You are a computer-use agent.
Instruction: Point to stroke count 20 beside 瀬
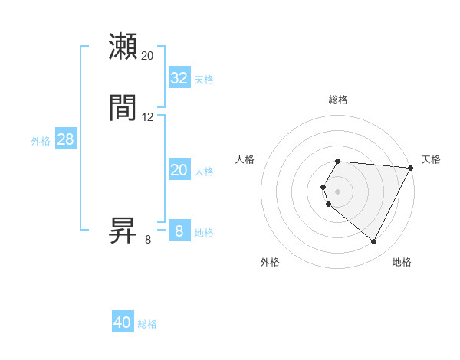tap(148, 56)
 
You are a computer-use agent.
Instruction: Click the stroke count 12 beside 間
tap(148, 117)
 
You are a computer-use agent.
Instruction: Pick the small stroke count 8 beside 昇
tap(148, 240)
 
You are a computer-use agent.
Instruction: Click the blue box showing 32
tap(179, 78)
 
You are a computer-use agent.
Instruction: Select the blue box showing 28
tap(65, 139)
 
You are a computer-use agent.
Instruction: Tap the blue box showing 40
tap(123, 322)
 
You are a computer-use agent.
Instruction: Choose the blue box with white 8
tap(179, 231)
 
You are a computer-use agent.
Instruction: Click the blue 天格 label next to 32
tap(204, 80)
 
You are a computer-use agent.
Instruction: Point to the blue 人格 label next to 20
tap(204, 172)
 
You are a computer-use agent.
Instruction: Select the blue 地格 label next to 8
tap(204, 233)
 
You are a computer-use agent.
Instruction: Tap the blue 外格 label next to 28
tap(41, 141)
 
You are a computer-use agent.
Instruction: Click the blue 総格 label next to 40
tap(147, 324)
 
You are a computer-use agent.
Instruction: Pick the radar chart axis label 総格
tap(338, 100)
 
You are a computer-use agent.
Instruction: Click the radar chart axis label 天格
tap(431, 159)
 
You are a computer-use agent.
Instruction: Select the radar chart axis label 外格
tap(270, 262)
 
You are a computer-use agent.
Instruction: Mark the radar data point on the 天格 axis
tap(411, 168)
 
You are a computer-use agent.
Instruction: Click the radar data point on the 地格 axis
tap(374, 241)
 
